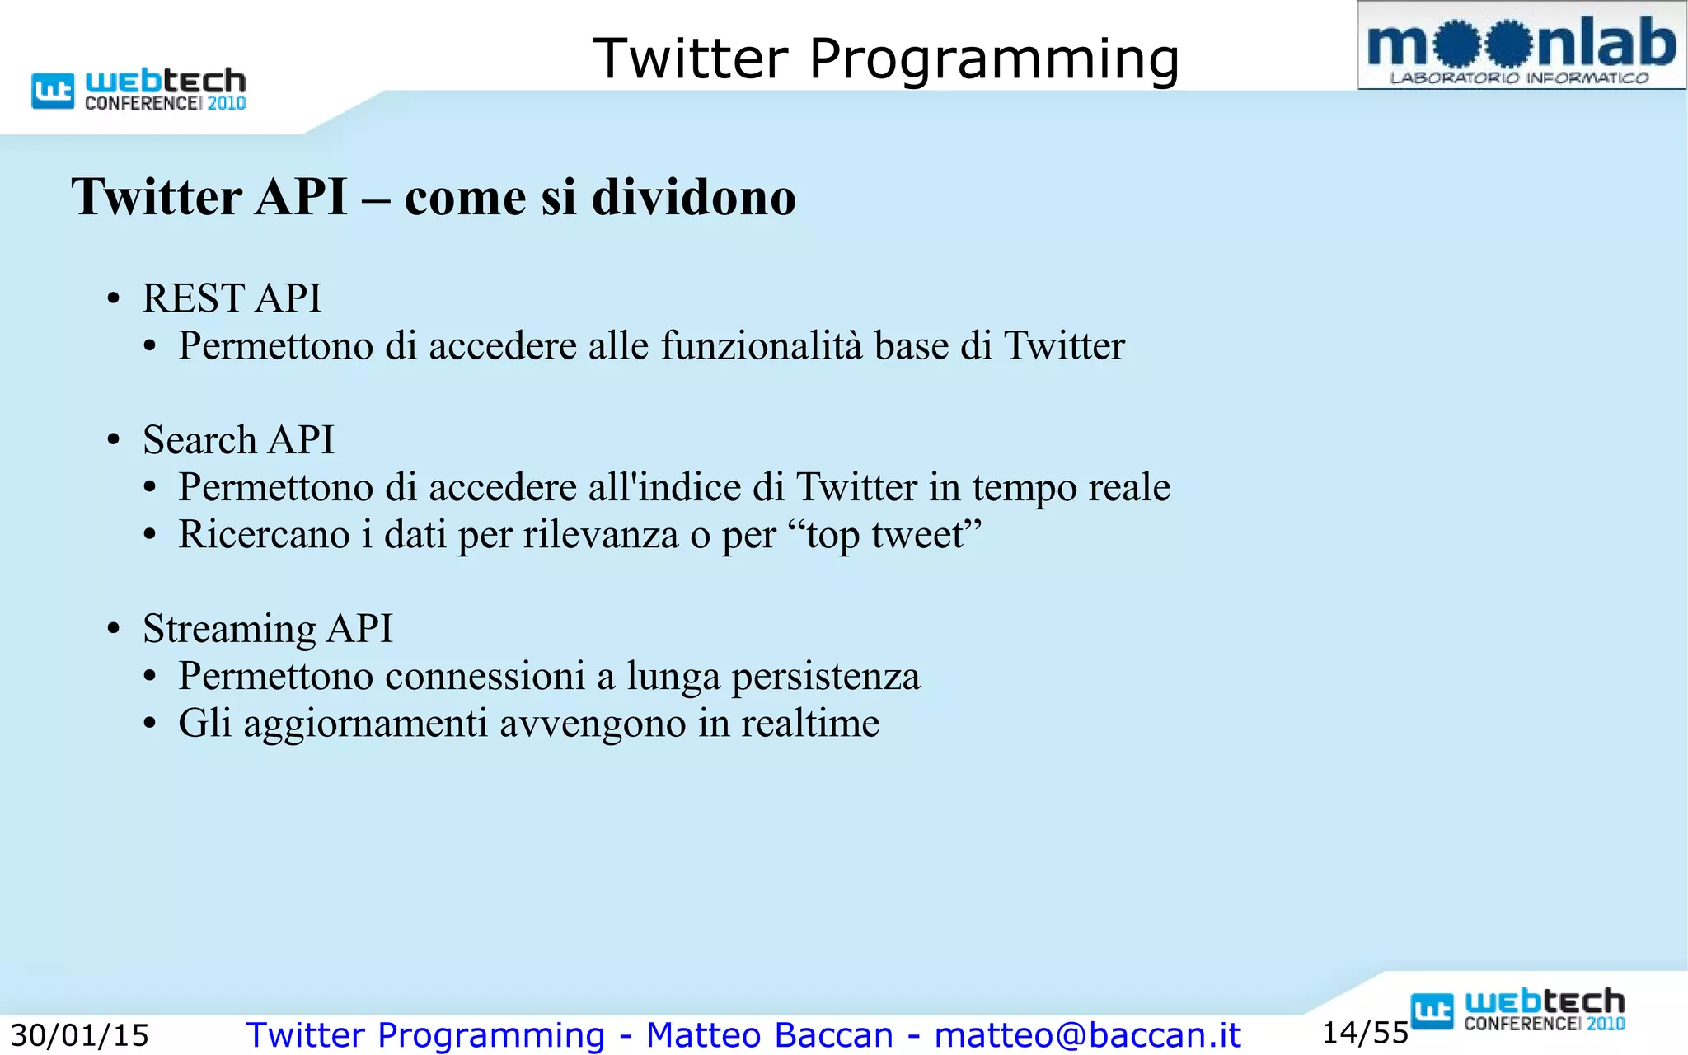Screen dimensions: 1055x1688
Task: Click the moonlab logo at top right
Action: click(x=1522, y=46)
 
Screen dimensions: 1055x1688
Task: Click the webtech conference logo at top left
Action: click(x=139, y=89)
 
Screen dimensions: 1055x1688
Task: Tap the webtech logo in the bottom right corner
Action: click(x=1518, y=1010)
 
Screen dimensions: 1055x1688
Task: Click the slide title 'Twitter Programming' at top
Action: click(x=886, y=59)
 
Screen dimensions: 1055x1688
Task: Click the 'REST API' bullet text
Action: click(x=232, y=298)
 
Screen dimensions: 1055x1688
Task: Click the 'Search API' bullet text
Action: click(x=238, y=440)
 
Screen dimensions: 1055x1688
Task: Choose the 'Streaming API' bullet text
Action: click(x=267, y=629)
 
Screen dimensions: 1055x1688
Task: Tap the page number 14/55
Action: click(x=1365, y=1033)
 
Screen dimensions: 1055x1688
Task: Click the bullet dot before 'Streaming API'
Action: click(x=114, y=630)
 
